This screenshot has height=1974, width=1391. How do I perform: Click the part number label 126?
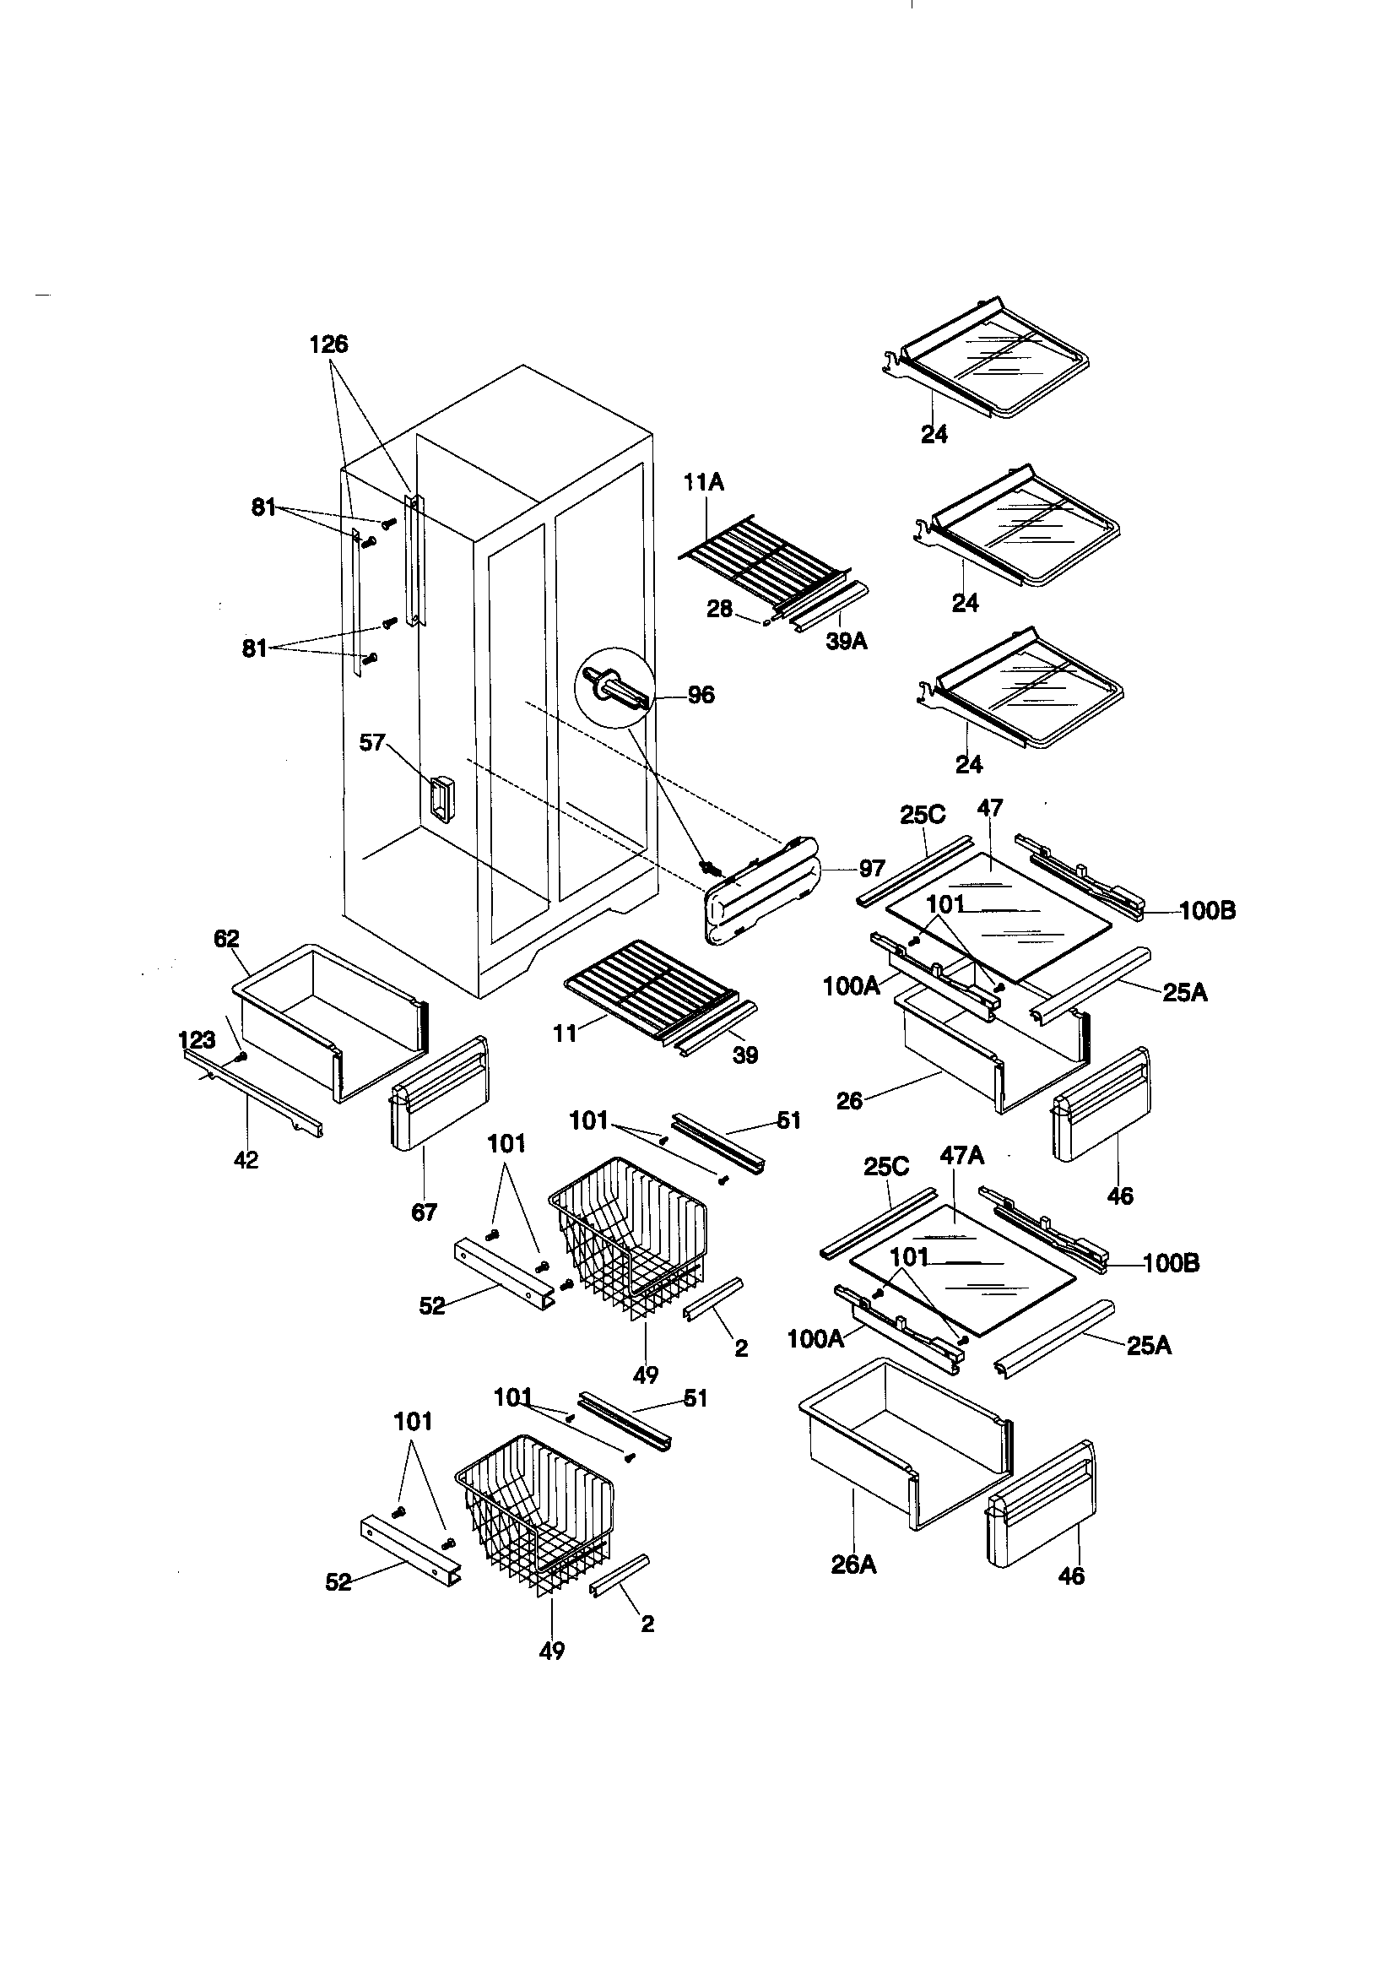(x=328, y=344)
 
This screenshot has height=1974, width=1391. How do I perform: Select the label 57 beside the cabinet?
(x=371, y=742)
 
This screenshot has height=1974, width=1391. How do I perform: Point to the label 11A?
(x=703, y=483)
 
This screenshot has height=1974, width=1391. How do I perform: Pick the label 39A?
(x=846, y=642)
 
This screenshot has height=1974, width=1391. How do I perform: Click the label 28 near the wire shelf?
(x=719, y=609)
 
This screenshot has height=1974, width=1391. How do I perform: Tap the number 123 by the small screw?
(x=197, y=1041)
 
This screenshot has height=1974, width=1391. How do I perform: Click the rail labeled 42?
(x=253, y=1093)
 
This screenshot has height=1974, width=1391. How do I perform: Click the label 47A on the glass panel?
(x=961, y=1156)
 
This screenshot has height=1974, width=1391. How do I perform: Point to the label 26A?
(x=852, y=1565)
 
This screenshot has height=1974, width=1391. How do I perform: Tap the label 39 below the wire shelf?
(x=744, y=1055)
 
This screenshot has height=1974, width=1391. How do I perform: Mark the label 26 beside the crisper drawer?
(x=849, y=1100)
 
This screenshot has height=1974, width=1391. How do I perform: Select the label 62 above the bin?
(x=226, y=939)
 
